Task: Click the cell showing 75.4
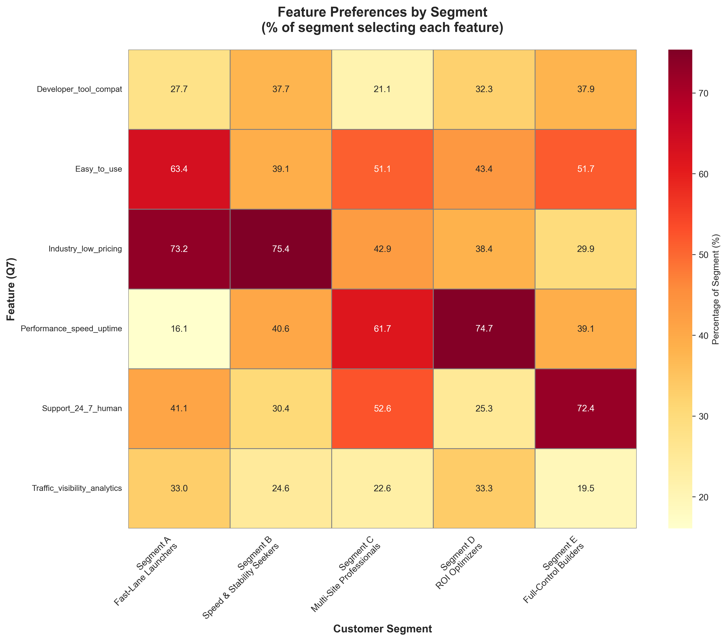pyautogui.click(x=281, y=249)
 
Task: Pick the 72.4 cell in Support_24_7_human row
pyautogui.click(x=586, y=408)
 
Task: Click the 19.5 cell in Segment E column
pyautogui.click(x=586, y=488)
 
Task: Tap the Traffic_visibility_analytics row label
pyautogui.click(x=77, y=488)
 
